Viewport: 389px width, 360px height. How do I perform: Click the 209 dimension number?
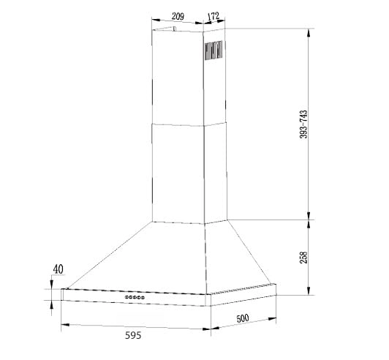click(178, 16)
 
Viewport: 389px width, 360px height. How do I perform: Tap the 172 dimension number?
click(214, 16)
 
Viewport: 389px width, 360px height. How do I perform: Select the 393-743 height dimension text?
click(303, 124)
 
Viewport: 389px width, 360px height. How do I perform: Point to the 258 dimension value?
click(303, 258)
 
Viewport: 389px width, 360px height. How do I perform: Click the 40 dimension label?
click(58, 269)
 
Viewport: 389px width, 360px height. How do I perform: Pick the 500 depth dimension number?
click(243, 318)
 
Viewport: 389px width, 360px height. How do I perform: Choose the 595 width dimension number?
click(133, 335)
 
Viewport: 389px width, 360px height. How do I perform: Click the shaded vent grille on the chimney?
click(214, 50)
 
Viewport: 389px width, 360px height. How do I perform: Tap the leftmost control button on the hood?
click(126, 296)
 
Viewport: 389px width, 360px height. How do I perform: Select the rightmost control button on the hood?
click(143, 297)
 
